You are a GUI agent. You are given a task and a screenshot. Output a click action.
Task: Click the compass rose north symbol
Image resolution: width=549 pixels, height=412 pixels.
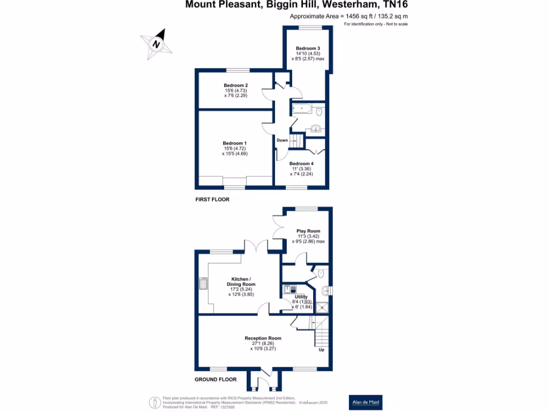(156, 43)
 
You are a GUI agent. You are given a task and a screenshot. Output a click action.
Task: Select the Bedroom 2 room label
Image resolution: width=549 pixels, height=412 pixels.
(235, 85)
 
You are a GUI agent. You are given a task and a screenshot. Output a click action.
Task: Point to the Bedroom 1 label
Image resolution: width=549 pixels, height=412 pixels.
(235, 143)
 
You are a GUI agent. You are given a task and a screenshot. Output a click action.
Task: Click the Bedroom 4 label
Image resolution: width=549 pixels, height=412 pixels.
(301, 164)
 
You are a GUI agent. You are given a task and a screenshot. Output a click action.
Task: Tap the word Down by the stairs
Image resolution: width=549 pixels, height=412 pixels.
(283, 141)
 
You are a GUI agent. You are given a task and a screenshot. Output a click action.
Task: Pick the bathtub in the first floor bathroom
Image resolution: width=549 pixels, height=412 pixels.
(303, 109)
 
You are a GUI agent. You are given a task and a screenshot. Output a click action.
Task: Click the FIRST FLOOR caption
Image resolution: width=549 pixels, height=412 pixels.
(212, 200)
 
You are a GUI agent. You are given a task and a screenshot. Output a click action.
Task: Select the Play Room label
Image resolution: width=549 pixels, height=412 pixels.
(308, 231)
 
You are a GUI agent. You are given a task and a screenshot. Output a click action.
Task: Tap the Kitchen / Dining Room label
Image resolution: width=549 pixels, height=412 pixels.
(243, 282)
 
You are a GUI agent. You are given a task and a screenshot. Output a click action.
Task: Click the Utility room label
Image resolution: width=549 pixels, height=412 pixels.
(301, 297)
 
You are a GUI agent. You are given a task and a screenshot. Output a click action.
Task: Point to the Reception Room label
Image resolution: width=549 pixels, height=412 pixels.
(263, 338)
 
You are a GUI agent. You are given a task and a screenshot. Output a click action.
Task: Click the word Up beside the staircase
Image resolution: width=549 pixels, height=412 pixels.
(322, 350)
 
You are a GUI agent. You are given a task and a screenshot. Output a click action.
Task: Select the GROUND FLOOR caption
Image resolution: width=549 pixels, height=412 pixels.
(216, 379)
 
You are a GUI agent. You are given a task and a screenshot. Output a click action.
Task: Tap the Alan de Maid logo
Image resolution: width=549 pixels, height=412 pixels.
(366, 402)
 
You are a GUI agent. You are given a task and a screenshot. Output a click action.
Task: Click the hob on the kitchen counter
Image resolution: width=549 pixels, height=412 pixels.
(203, 283)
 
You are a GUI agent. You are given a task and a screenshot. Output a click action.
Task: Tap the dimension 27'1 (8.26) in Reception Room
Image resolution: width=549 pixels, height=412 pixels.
(263, 343)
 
